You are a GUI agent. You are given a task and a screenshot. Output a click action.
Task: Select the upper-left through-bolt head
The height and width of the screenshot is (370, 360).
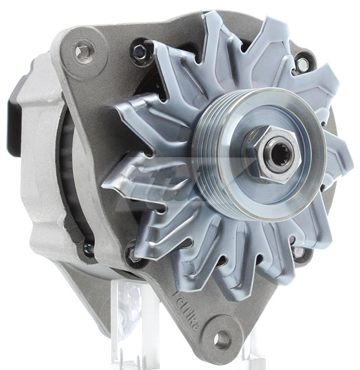tap(140, 52)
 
